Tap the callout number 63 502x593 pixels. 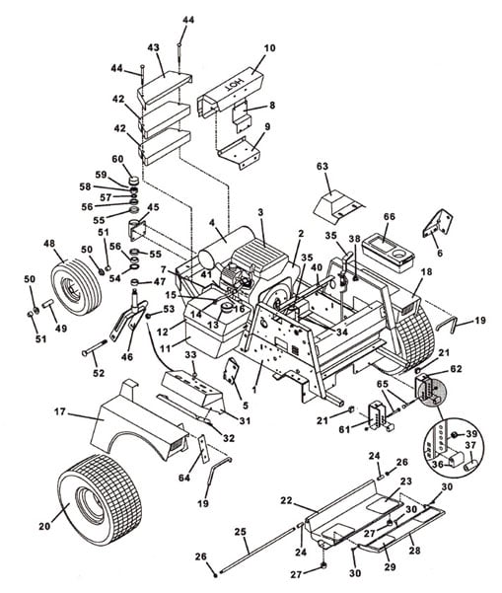pyautogui.click(x=323, y=167)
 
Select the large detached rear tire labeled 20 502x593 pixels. pyautogui.click(x=100, y=500)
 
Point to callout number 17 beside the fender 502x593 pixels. pyautogui.click(x=60, y=411)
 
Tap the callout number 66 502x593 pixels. pyautogui.click(x=389, y=217)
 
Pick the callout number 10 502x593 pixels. pyautogui.click(x=269, y=48)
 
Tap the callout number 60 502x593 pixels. pyautogui.click(x=117, y=159)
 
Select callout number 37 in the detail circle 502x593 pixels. pyautogui.click(x=470, y=446)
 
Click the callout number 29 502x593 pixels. pyautogui.click(x=391, y=566)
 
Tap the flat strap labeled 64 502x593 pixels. pyautogui.click(x=204, y=449)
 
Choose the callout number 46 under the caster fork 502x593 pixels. pyautogui.click(x=127, y=356)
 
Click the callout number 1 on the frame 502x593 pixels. pyautogui.click(x=254, y=389)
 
